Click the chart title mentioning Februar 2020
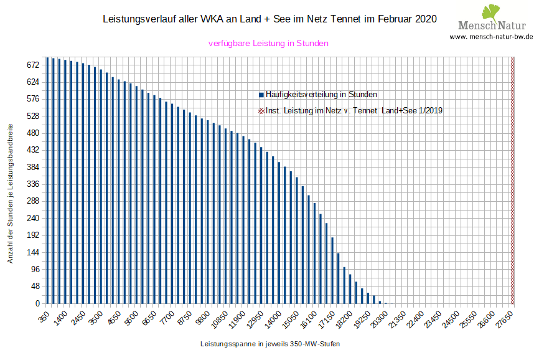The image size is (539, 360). click(269, 19)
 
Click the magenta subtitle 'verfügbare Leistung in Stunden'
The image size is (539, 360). click(268, 44)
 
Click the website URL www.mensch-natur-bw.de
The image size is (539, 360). click(491, 37)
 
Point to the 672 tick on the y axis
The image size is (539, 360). click(32, 65)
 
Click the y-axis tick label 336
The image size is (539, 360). click(32, 184)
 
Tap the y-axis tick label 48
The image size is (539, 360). click(34, 287)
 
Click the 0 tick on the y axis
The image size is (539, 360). click(37, 304)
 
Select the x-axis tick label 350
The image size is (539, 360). click(44, 316)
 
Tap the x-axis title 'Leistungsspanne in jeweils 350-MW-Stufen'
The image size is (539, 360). click(270, 344)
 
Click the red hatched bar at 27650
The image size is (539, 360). click(513, 181)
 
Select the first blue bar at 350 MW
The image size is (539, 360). click(47, 181)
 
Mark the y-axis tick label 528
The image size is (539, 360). click(32, 116)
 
